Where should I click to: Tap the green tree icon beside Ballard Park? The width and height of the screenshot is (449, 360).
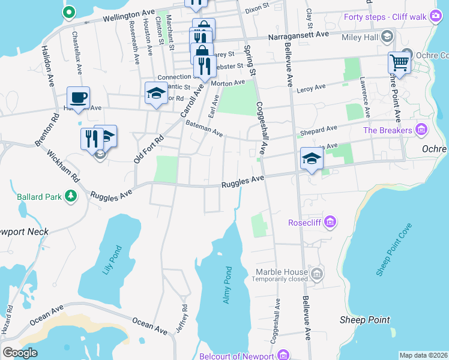pos(71,196)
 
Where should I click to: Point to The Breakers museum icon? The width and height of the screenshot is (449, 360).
pos(421,130)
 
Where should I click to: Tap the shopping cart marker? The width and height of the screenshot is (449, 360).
pos(399,62)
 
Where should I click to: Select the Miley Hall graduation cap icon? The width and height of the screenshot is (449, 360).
pos(387,37)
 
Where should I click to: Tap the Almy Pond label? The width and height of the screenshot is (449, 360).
pos(227,285)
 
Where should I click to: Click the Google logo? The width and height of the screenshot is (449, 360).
pos(20,353)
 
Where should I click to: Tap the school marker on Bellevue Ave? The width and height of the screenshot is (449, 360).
pos(312,158)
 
